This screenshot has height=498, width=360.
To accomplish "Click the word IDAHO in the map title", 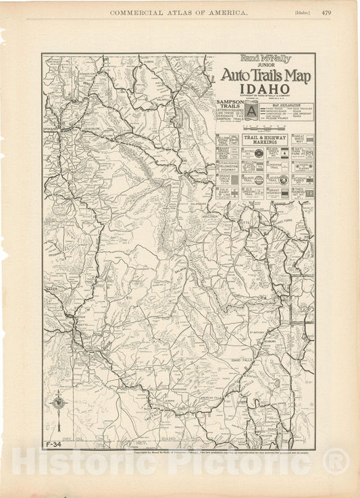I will click(x=263, y=89).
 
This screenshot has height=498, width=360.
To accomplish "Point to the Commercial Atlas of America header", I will click(x=179, y=12).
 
